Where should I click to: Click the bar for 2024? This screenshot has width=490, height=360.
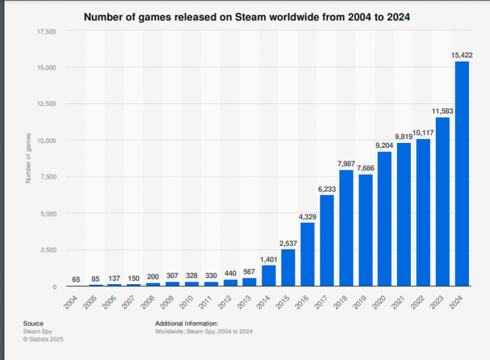pyautogui.click(x=461, y=174)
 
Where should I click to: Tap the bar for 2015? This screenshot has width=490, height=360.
pyautogui.click(x=288, y=267)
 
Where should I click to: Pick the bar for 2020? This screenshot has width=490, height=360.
pyautogui.click(x=384, y=219)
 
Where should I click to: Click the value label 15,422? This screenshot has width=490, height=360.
pyautogui.click(x=461, y=55)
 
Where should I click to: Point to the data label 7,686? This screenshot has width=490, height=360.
pyautogui.click(x=365, y=168)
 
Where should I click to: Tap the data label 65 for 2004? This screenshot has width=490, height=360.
pyautogui.click(x=77, y=279)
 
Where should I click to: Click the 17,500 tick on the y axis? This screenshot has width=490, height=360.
pyautogui.click(x=47, y=31)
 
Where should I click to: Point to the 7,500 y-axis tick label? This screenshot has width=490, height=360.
pyautogui.click(x=49, y=177)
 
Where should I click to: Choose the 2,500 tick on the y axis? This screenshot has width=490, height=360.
pyautogui.click(x=49, y=250)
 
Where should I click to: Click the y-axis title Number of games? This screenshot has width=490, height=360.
pyautogui.click(x=28, y=159)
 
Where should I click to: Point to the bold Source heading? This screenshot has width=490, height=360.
pyautogui.click(x=33, y=324)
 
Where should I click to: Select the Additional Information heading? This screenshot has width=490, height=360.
pyautogui.click(x=187, y=324)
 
